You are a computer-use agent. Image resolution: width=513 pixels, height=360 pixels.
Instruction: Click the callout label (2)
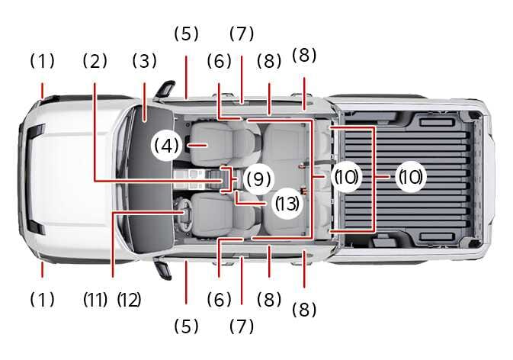pyautogui.click(x=95, y=62)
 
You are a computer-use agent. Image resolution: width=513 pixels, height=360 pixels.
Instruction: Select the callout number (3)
pyautogui.click(x=144, y=62)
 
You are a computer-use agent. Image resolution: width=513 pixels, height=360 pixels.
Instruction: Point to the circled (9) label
pyautogui.click(x=258, y=179)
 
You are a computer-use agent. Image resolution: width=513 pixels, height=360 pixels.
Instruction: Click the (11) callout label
pyautogui.click(x=95, y=300)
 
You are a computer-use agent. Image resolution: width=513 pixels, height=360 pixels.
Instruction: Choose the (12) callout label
pyautogui.click(x=129, y=300)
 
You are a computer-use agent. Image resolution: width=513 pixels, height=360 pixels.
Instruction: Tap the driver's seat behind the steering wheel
pyautogui.click(x=221, y=214)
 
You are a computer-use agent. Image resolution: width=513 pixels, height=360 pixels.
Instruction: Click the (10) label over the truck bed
pyautogui.click(x=410, y=178)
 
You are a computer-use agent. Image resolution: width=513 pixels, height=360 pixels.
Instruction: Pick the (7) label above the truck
pyautogui.click(x=241, y=34)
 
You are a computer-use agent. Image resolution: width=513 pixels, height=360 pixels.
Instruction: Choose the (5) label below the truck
pyautogui.click(x=185, y=326)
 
